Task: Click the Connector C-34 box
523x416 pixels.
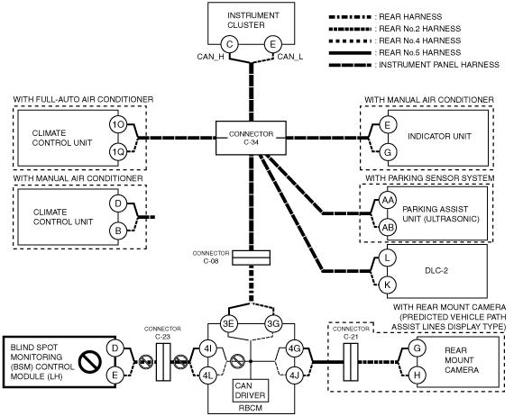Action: click(251, 138)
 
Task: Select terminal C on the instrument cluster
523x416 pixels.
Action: click(229, 44)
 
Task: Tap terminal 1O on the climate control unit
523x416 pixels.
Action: click(118, 124)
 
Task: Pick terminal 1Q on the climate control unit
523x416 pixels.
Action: click(118, 152)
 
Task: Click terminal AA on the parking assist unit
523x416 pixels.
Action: click(387, 201)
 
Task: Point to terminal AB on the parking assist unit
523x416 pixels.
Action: click(387, 228)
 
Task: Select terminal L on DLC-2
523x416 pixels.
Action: click(387, 258)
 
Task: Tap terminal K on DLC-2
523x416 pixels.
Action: click(387, 285)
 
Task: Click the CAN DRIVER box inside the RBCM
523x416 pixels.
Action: click(250, 391)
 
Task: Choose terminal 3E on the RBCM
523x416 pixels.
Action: click(228, 323)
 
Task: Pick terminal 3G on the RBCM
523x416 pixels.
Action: click(273, 323)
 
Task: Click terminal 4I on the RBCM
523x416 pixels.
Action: click(207, 348)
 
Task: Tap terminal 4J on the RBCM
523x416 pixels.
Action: click(295, 375)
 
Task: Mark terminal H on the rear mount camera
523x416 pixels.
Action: click(417, 375)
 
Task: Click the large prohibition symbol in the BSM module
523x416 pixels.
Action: click(90, 362)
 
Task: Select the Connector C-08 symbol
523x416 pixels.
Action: click(251, 258)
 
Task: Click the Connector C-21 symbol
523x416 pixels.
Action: click(351, 362)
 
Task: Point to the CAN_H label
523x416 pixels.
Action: click(210, 57)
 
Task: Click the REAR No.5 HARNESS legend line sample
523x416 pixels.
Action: click(350, 52)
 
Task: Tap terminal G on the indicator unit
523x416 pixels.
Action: click(387, 152)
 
